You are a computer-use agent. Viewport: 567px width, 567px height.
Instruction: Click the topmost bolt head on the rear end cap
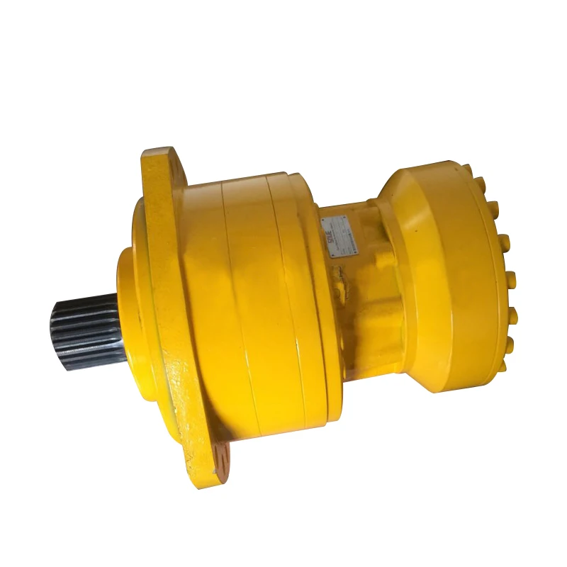tap(468, 170)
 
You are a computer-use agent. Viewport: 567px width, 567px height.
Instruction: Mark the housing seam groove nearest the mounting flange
tap(234, 298)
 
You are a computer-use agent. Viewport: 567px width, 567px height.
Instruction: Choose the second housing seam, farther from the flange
tap(283, 298)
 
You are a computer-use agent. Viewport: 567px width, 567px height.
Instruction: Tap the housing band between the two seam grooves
tap(259, 305)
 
